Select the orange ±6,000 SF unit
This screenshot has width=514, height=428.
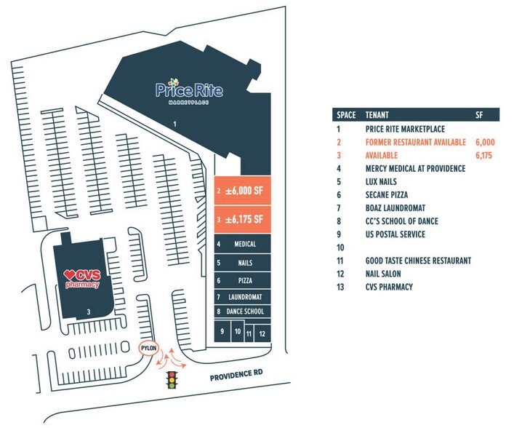(x=242, y=191)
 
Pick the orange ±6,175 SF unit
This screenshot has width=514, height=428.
(x=242, y=219)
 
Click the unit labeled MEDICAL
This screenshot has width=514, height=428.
(x=242, y=245)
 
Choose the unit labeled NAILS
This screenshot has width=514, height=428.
(x=242, y=262)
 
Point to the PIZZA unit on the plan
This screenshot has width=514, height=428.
(x=242, y=280)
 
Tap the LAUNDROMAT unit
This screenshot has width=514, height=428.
(x=242, y=297)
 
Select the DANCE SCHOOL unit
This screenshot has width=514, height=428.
(x=242, y=312)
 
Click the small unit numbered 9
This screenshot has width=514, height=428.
(x=222, y=331)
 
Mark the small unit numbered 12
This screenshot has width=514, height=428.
(x=262, y=333)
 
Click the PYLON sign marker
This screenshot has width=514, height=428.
(x=148, y=349)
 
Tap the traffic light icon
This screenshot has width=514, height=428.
(x=172, y=381)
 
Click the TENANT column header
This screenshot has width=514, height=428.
(x=377, y=115)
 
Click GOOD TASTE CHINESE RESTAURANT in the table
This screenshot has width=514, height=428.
(x=418, y=261)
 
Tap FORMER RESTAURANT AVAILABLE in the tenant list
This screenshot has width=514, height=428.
(x=415, y=142)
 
